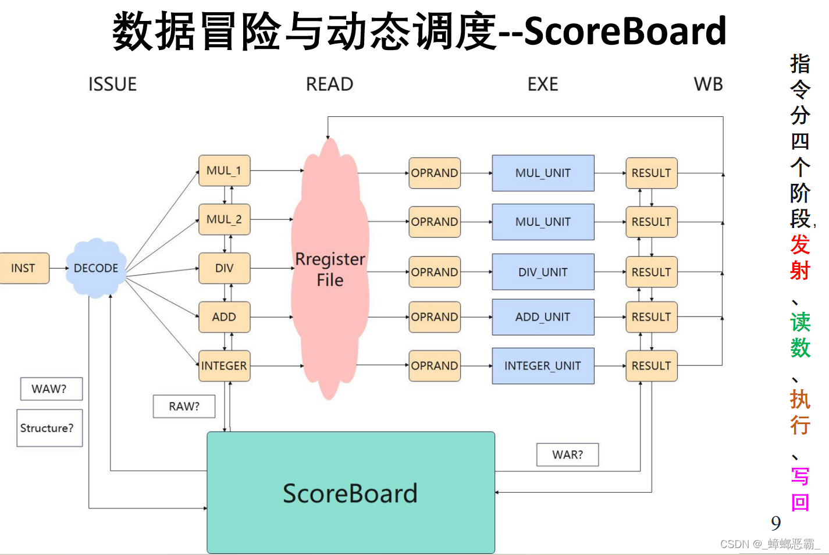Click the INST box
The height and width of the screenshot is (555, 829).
(x=24, y=268)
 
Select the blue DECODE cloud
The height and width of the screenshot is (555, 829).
(x=96, y=268)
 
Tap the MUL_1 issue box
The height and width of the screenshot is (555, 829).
(x=224, y=170)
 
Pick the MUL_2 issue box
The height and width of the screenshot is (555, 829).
(x=224, y=219)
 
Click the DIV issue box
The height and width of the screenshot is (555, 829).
(x=224, y=268)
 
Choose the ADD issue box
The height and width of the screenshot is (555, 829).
(x=224, y=317)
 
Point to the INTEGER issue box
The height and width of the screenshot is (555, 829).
(x=224, y=366)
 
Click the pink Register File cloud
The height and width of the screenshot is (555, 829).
(x=330, y=269)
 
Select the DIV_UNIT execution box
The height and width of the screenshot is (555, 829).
(x=543, y=272)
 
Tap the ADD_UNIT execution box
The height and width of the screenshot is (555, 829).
(x=543, y=317)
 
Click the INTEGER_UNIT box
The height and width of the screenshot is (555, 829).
(x=543, y=366)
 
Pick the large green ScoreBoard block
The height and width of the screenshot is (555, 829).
(x=351, y=493)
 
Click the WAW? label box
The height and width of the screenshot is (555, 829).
(x=51, y=389)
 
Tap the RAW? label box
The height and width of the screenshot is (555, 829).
(x=184, y=406)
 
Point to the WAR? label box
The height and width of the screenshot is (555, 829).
(x=567, y=454)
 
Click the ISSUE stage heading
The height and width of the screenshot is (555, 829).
(x=112, y=84)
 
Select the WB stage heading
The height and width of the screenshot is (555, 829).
(x=708, y=84)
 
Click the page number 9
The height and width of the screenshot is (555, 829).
(x=775, y=523)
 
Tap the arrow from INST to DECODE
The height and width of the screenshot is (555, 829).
(x=59, y=268)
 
